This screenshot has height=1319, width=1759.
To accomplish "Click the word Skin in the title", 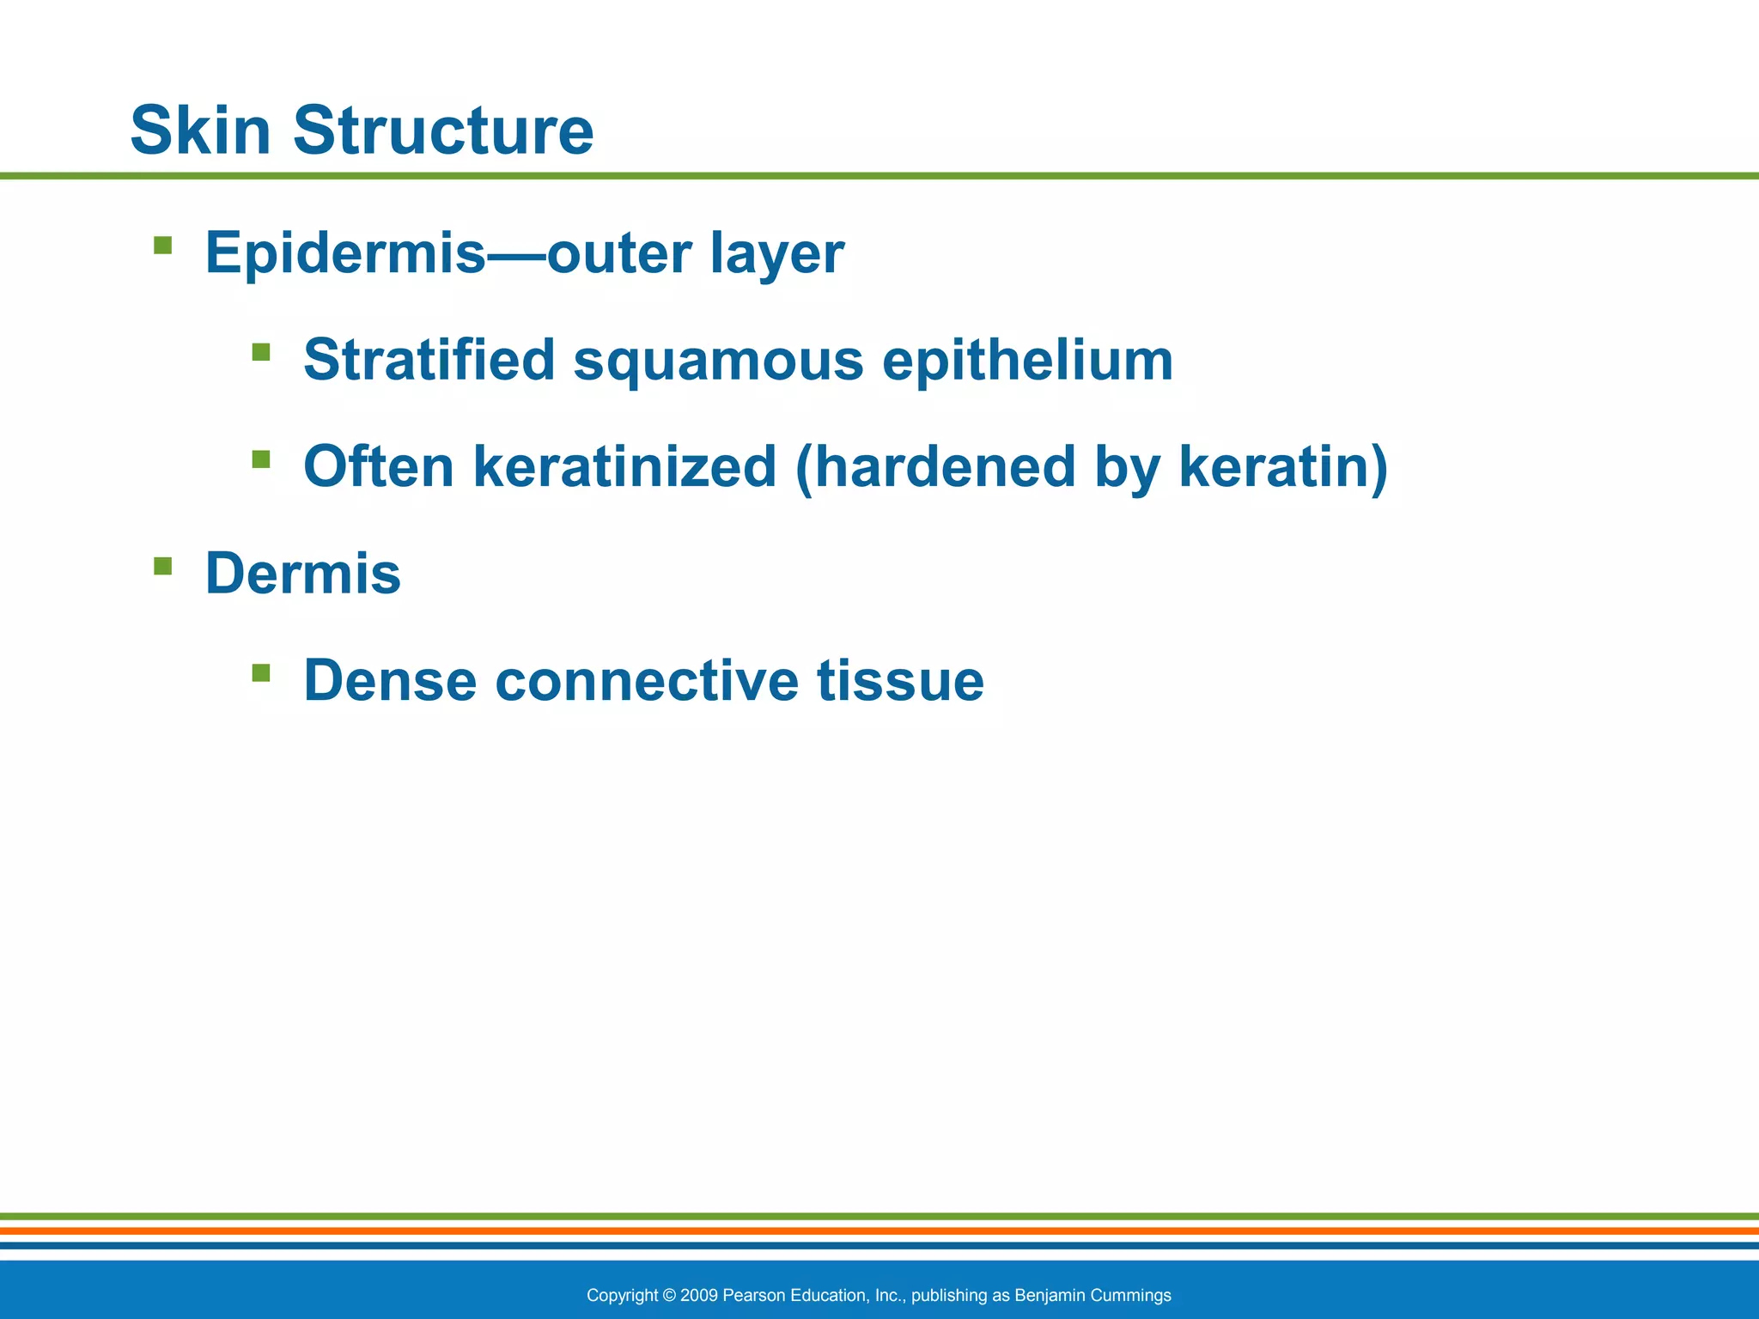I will tap(200, 131).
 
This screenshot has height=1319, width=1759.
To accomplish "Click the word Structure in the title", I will tap(443, 131).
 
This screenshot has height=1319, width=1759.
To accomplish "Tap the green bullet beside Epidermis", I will tap(162, 246).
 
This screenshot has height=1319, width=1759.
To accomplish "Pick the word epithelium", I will tap(1027, 361).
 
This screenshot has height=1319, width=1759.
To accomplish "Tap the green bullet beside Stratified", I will tap(261, 352).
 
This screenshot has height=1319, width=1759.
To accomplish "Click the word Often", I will tap(379, 466).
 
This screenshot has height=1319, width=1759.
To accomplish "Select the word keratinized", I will tap(624, 466).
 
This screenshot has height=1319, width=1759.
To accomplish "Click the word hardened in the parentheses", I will tap(945, 466).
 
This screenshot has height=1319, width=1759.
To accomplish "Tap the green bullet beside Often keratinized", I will tap(261, 459).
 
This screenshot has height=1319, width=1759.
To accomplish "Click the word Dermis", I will tap(302, 574).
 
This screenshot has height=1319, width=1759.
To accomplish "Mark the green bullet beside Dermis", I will tap(162, 566).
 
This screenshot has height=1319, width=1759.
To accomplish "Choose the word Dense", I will tap(390, 680).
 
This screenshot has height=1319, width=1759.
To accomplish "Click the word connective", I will tap(647, 680).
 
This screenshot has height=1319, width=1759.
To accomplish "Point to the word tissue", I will tap(900, 680).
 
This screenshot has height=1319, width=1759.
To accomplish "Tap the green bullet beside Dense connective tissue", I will tap(261, 672).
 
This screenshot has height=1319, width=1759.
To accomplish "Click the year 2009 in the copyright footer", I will tap(699, 1295).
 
